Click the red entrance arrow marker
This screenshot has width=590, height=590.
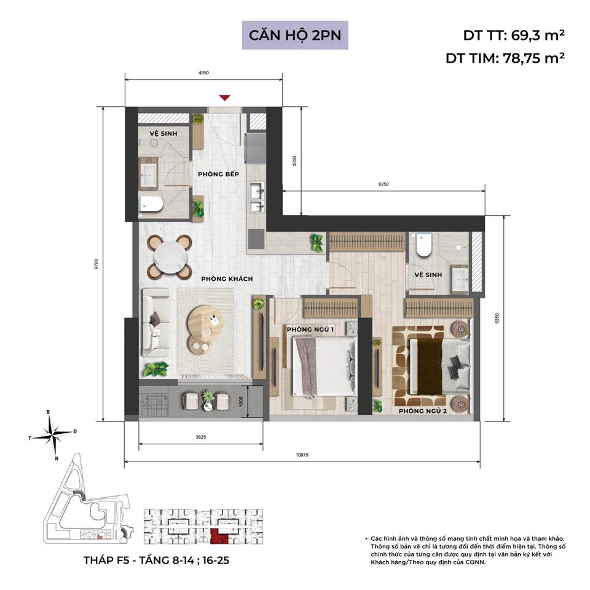point(225,97)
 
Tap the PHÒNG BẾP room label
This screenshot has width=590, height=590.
point(218,175)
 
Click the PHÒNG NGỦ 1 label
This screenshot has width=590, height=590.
point(310,330)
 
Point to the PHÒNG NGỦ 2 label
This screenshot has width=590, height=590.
point(422,411)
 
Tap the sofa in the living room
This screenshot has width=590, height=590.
point(155,322)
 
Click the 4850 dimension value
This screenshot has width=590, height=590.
point(203,73)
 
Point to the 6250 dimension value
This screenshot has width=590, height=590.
point(383,184)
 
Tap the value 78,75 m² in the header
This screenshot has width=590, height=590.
point(532,58)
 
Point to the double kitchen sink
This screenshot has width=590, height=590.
point(257,198)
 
